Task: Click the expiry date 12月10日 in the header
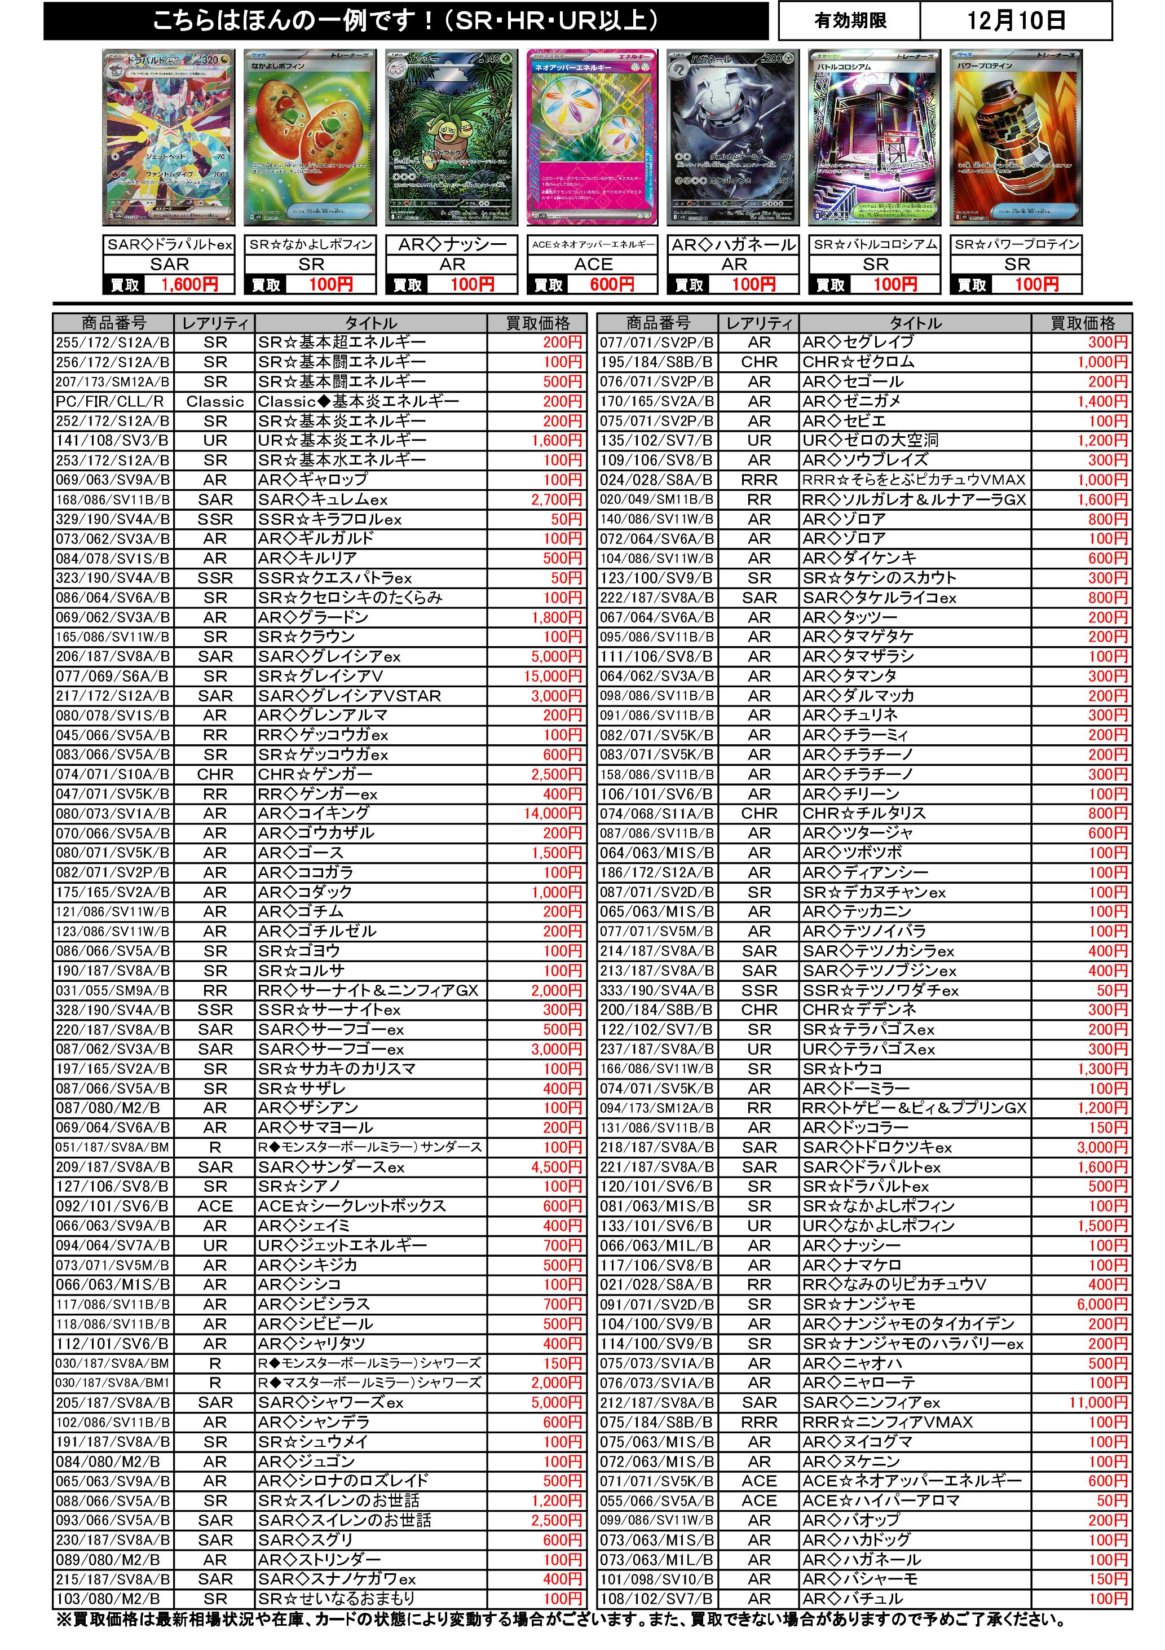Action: (1015, 21)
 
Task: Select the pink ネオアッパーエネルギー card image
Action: (593, 138)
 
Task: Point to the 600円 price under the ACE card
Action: (611, 284)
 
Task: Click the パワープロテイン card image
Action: (1016, 138)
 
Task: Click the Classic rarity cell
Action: (215, 402)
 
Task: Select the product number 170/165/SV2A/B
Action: (656, 402)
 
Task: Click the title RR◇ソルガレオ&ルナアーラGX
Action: (914, 499)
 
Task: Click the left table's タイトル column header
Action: (370, 323)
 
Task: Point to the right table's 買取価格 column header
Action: (1082, 323)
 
